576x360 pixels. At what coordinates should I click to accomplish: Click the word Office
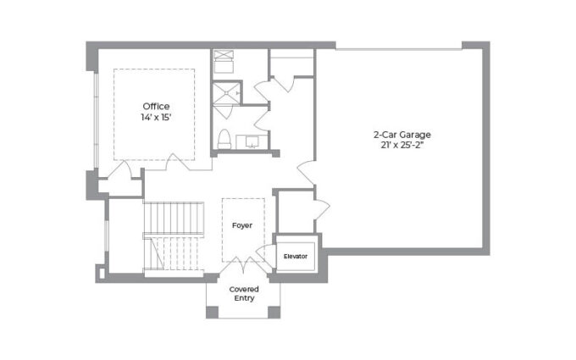156,107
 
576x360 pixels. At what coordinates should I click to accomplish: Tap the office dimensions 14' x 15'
156,118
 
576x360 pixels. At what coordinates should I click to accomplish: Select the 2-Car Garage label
402,135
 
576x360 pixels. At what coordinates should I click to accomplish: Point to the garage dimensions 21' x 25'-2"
402,145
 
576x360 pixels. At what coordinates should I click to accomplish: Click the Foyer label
242,225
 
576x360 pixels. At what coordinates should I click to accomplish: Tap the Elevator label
296,257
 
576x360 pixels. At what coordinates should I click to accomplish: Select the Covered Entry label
244,294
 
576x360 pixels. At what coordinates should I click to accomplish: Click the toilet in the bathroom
224,139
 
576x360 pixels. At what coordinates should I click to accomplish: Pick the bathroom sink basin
253,141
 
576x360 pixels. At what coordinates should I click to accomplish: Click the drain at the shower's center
227,93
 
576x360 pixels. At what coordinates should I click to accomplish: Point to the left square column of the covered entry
212,312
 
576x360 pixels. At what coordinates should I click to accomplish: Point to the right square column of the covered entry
274,312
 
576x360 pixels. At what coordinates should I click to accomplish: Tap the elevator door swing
265,252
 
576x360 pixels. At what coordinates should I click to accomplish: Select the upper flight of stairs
174,218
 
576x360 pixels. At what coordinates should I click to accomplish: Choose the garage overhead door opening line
399,49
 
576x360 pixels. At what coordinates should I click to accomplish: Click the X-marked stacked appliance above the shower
224,55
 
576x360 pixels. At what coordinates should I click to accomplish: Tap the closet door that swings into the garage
322,209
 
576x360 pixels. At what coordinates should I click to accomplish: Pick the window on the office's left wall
96,119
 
